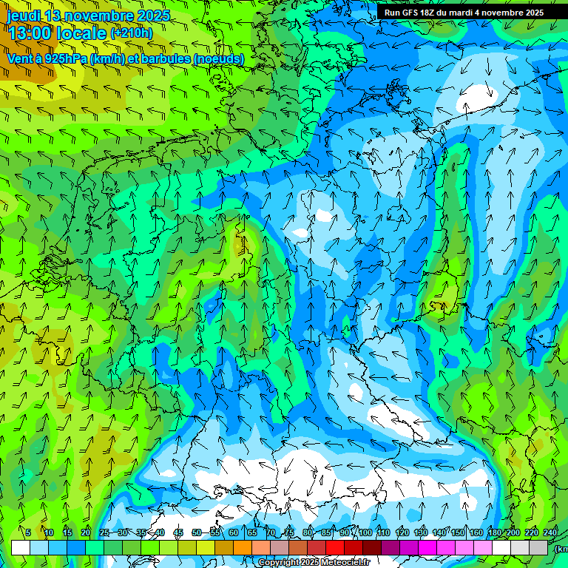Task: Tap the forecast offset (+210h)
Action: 131,33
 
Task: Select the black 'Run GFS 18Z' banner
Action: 464,13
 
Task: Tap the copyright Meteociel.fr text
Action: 314,563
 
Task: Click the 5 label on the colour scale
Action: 28,533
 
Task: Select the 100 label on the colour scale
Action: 365,533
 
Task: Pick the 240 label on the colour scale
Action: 550,533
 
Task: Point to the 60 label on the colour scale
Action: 233,533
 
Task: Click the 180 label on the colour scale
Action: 494,533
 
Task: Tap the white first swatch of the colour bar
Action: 20,547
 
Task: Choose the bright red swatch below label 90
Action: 335,547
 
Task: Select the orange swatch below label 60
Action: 224,547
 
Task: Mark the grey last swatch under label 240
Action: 539,547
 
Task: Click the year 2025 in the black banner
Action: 532,13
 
